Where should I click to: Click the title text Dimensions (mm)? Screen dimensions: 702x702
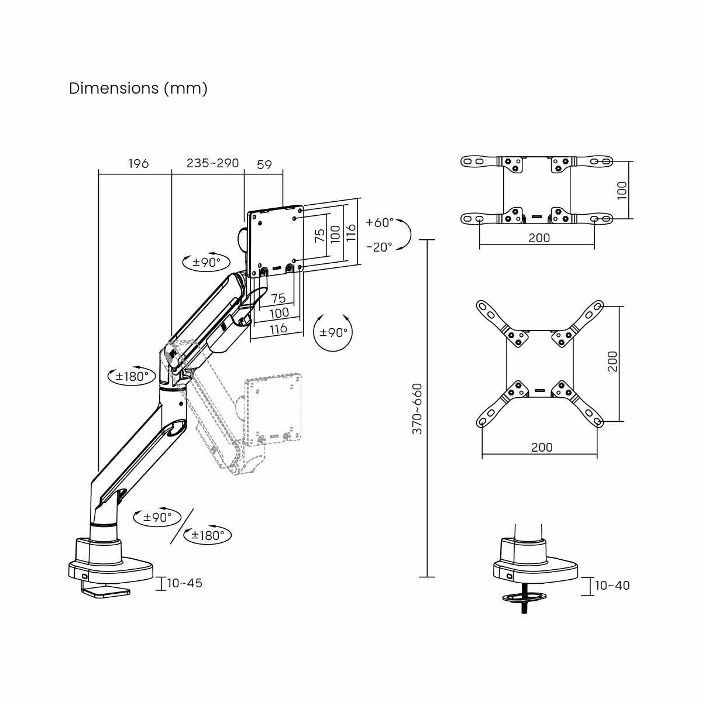coord(138,88)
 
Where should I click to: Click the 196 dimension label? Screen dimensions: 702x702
coord(139,163)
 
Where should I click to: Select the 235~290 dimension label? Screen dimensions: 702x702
coord(212,163)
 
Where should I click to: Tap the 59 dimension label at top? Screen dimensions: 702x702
coord(264,164)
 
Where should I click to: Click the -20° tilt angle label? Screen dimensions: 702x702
coord(379,247)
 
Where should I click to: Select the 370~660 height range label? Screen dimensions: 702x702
coord(417,408)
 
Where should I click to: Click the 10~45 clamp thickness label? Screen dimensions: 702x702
coord(185,583)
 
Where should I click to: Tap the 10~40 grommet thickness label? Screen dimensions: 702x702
coord(612,586)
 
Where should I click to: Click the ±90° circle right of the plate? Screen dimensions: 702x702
coord(333,332)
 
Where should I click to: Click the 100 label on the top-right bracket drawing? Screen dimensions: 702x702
coord(622,190)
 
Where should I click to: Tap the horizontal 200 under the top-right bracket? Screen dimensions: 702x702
coord(539,238)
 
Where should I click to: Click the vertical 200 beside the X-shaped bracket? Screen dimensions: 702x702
coord(612,362)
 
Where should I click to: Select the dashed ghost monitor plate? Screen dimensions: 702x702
coord(273,408)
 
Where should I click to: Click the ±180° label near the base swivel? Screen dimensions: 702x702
coord(208,535)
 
